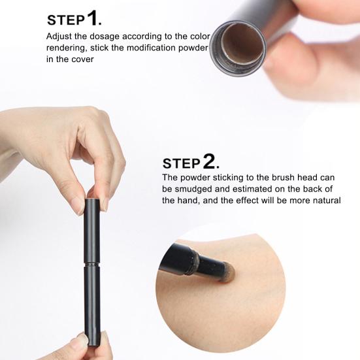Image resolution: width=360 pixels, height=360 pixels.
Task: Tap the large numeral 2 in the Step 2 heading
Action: point(209,161)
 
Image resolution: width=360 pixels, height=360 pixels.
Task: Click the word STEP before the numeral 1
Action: point(66,20)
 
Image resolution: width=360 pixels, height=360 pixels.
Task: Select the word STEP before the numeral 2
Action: point(182,163)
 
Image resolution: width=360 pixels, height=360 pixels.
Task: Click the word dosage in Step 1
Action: point(105,37)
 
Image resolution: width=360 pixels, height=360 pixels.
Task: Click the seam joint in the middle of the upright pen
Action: point(92,263)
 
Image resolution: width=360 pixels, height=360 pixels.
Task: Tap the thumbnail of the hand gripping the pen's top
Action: point(76,206)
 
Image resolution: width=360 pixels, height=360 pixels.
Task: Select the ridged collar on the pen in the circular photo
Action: point(191,263)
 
